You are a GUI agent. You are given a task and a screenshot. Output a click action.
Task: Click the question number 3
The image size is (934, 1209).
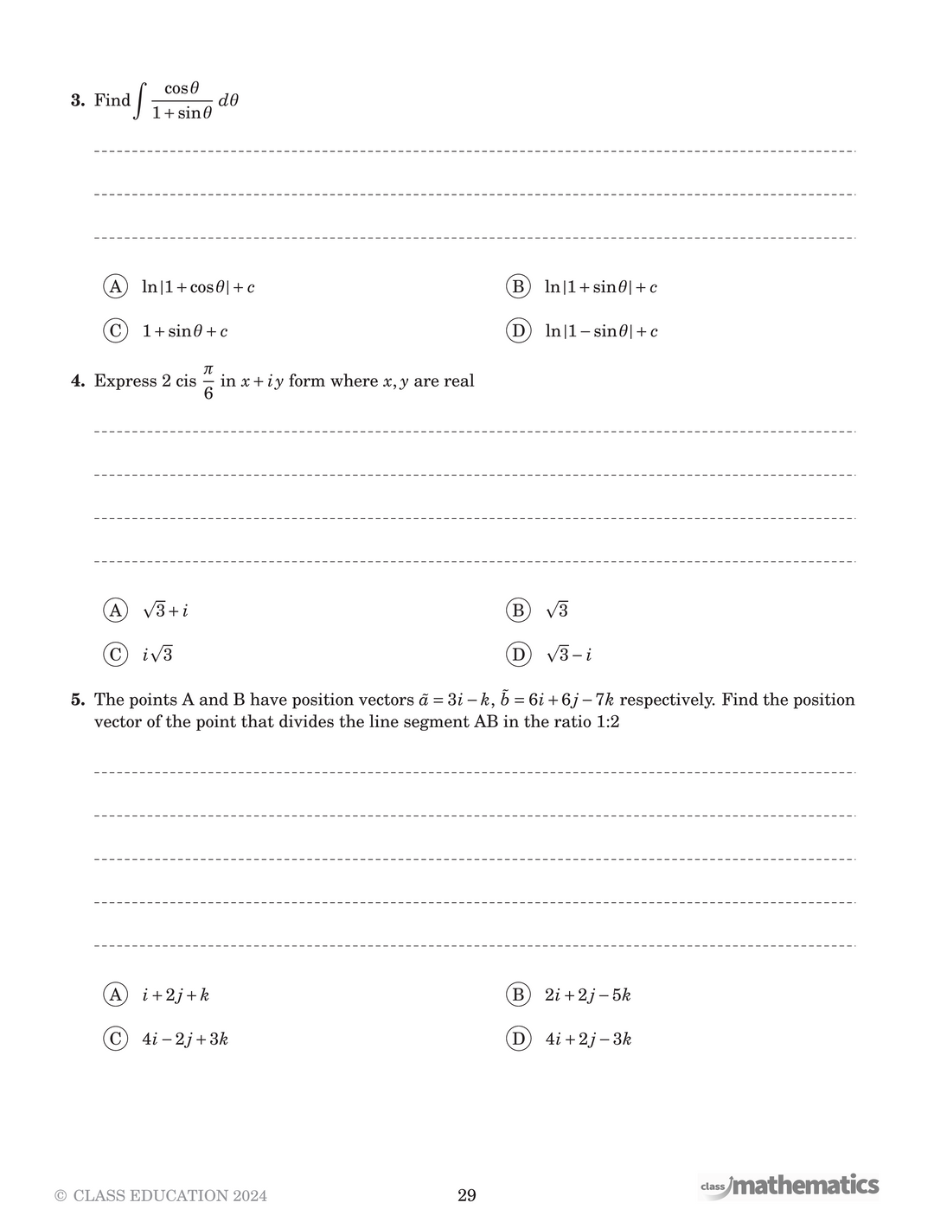coord(77,100)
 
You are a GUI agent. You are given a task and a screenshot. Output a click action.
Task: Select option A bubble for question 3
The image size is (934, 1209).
coord(115,286)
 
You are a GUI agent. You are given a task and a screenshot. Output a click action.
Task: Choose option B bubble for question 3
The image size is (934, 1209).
coord(518,286)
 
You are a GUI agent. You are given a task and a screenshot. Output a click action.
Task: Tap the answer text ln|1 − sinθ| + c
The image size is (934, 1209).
coord(601,331)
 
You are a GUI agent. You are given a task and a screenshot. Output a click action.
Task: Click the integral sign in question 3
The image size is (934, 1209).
coord(139,100)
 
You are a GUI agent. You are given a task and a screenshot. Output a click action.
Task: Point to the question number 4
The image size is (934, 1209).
coord(77,381)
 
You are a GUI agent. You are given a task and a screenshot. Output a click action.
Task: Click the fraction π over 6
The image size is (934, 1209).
coord(208,381)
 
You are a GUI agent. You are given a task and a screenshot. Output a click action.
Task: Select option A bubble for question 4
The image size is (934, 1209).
coord(115,610)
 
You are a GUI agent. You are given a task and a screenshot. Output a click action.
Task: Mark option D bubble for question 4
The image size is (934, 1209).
coord(518,654)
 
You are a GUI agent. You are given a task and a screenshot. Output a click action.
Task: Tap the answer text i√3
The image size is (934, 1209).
coord(157,655)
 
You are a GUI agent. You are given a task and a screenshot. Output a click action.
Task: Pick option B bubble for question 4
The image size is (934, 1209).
coord(518,610)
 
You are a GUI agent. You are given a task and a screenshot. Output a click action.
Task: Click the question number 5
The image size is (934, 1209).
coord(77,700)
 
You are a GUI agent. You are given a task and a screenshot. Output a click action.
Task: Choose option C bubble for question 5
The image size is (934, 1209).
coord(115,1039)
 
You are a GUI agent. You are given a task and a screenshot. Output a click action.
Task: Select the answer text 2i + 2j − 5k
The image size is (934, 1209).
coord(587,995)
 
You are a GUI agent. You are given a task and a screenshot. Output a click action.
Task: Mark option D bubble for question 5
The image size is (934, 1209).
coord(518,1039)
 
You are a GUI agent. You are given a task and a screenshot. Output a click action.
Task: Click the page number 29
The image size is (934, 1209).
coord(467,1195)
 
